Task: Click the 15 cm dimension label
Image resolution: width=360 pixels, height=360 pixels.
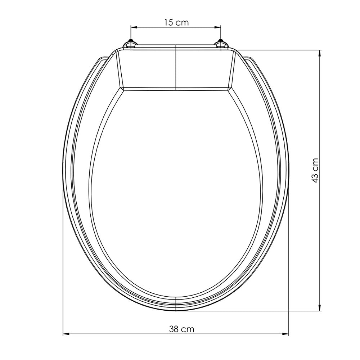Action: point(176,22)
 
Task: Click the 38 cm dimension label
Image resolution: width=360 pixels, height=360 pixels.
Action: point(181,329)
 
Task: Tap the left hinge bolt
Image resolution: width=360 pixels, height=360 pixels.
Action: point(130,45)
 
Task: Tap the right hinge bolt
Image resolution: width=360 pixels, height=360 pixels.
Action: point(221,45)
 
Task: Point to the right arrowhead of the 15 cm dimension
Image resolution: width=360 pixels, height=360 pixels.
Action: point(219,27)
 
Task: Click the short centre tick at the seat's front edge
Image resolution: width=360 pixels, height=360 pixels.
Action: point(175,304)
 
